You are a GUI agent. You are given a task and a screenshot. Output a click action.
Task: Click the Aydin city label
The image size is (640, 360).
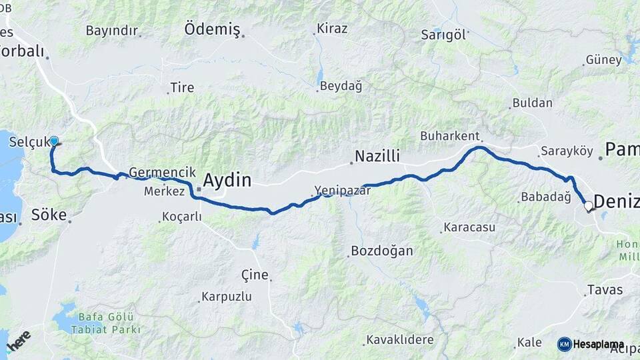click(227, 181)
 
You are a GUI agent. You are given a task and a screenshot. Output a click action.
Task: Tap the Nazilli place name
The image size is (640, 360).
click(377, 157)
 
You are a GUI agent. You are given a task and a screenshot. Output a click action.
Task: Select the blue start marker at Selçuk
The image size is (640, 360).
click(54, 141)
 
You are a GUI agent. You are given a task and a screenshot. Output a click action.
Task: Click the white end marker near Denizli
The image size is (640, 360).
click(589, 207)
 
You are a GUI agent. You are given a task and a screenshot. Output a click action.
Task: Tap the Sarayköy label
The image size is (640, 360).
click(567, 151)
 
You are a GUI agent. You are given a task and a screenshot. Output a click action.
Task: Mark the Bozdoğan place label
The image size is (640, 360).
click(381, 251)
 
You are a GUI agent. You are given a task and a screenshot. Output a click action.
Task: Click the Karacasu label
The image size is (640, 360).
click(471, 227)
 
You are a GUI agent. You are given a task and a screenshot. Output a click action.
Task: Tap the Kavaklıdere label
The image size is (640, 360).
click(400, 340)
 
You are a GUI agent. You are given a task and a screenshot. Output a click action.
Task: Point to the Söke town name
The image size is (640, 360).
click(49, 215)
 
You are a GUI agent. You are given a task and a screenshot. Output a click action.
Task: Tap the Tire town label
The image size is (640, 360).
click(182, 87)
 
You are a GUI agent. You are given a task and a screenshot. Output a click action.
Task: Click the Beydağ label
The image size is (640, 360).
click(341, 86)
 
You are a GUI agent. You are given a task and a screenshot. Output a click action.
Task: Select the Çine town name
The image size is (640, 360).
click(255, 275)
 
